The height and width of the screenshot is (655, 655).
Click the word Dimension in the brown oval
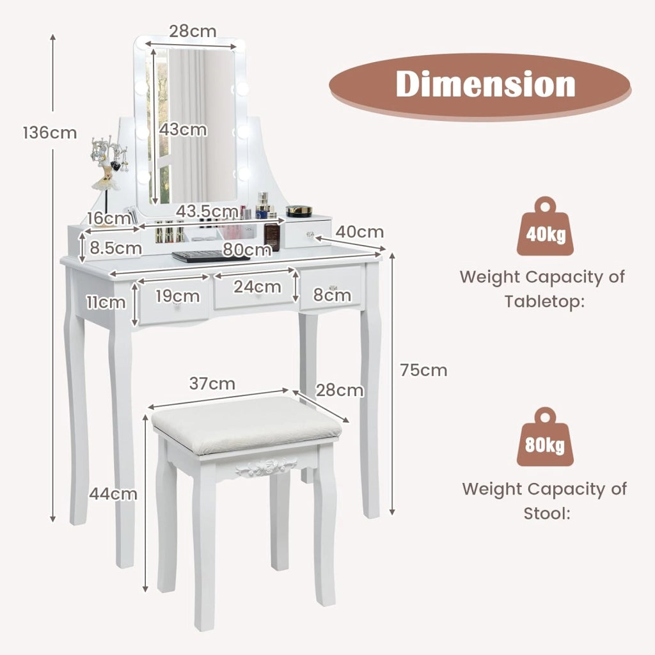(x=485, y=84)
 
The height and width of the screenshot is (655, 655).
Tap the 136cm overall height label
(x=50, y=133)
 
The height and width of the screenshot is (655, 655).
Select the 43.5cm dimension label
(x=207, y=211)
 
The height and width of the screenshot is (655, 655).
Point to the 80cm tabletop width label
(x=247, y=249)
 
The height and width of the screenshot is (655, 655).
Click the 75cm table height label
(x=423, y=370)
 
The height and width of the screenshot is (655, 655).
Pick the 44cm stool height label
(x=113, y=494)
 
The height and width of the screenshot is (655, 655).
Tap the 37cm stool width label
(x=212, y=384)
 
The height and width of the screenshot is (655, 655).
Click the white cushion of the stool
(x=246, y=425)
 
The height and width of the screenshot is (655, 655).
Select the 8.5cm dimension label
(x=116, y=248)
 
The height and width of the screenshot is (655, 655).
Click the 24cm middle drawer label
(x=257, y=287)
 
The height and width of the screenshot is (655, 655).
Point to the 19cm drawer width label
(x=178, y=296)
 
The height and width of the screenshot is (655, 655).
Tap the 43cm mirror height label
(x=183, y=129)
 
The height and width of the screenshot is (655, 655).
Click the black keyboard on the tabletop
(x=210, y=256)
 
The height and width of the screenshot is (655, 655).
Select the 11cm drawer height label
(x=106, y=302)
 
